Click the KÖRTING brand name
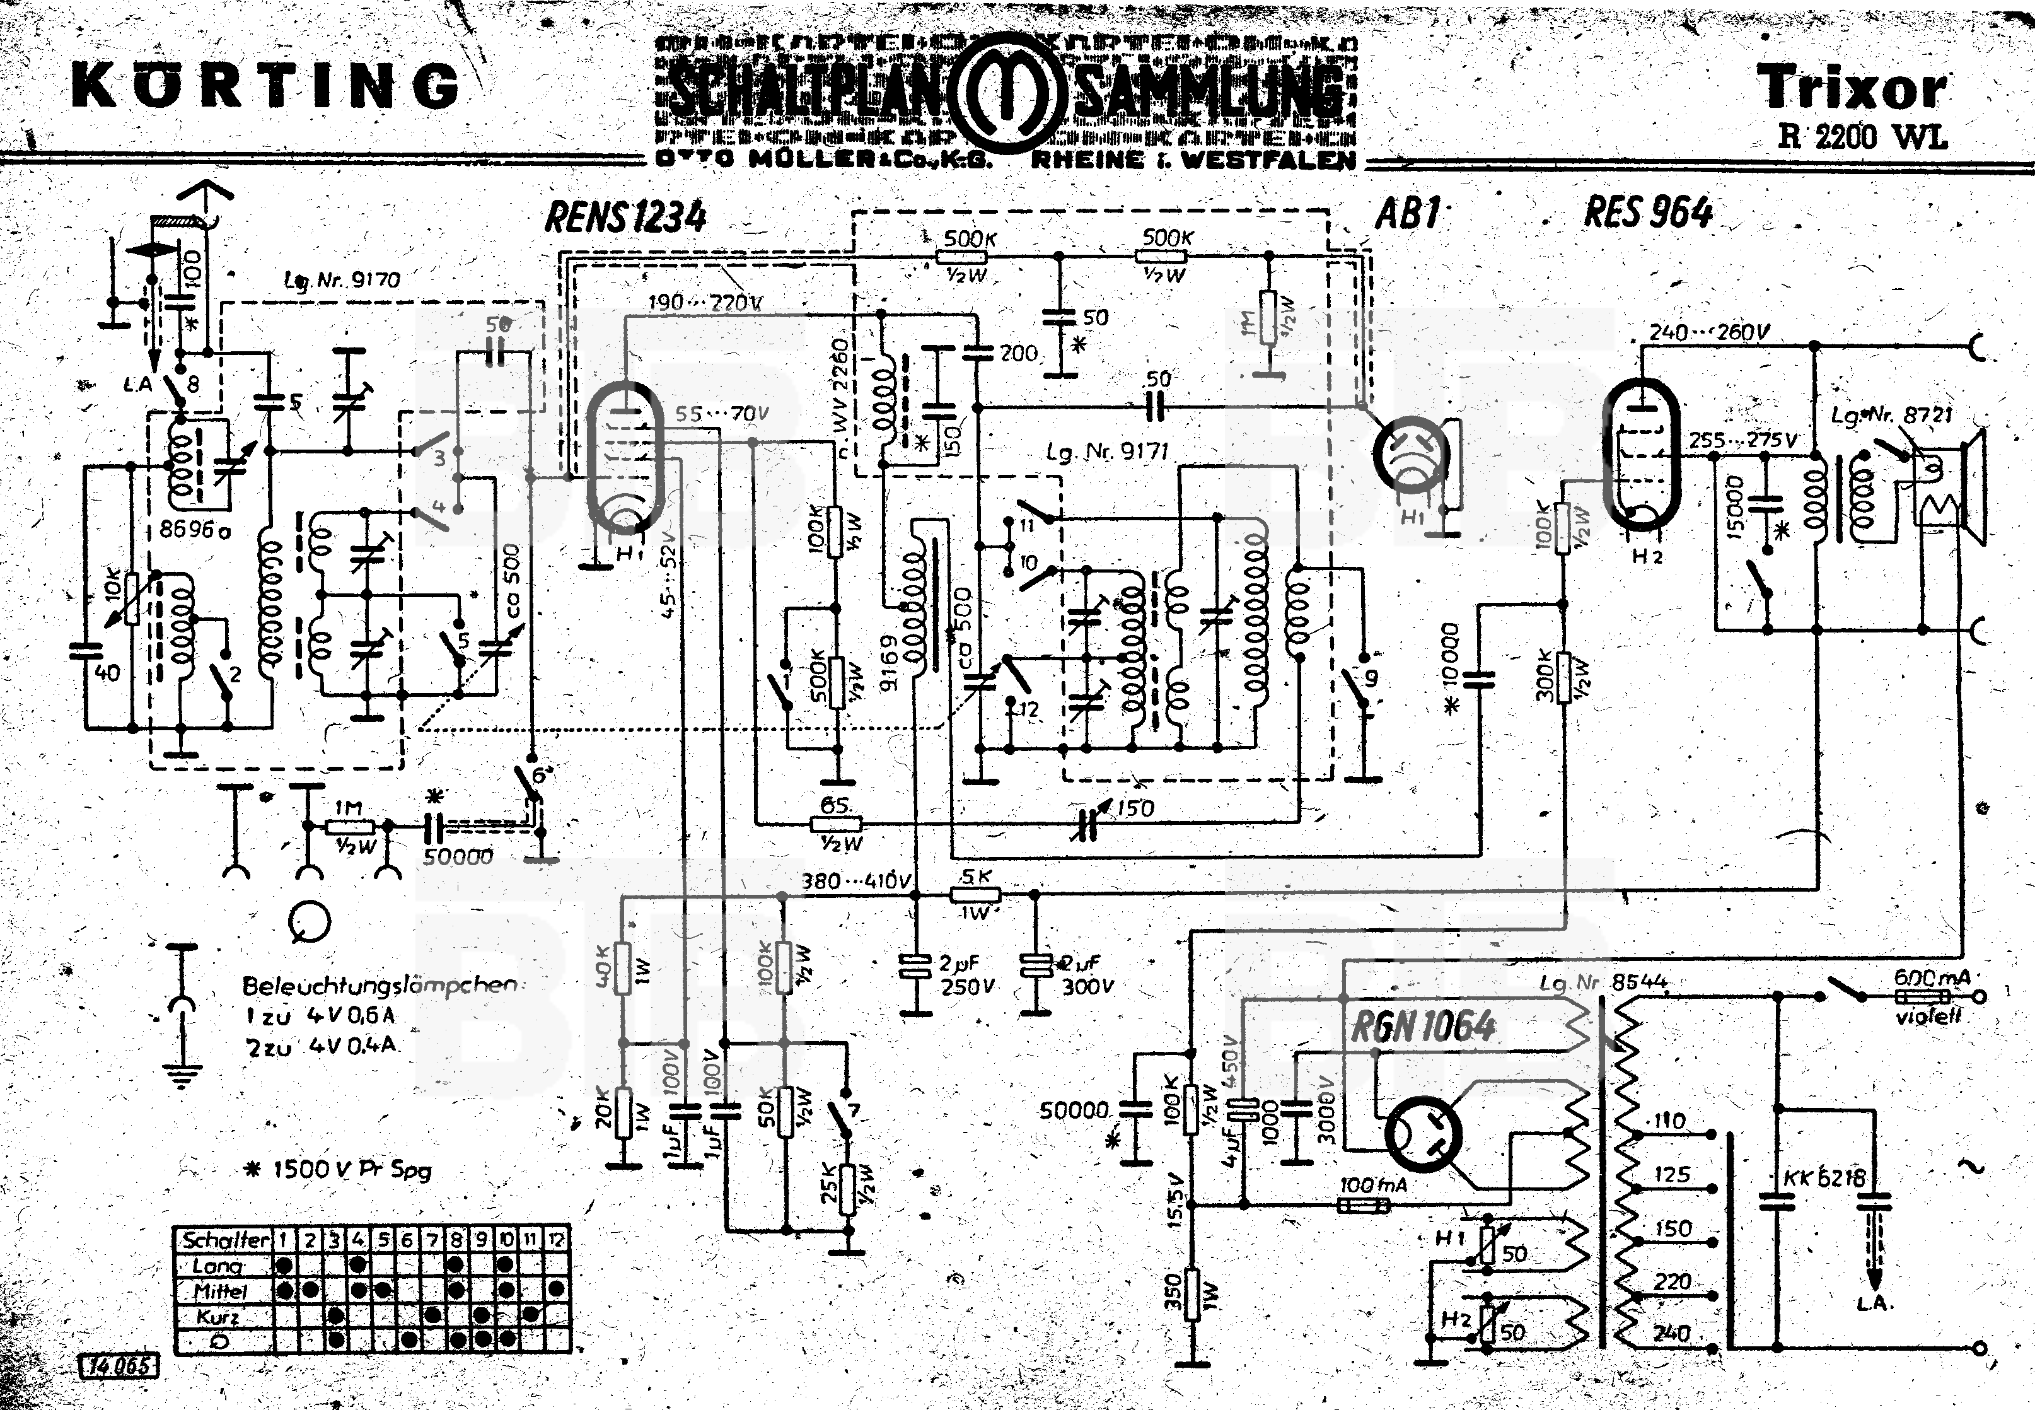[x=265, y=86]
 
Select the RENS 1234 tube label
[x=625, y=216]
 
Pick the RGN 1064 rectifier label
[x=1423, y=1027]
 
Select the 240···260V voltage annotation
[x=1709, y=333]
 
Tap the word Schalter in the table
[x=224, y=1240]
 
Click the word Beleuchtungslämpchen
[x=380, y=985]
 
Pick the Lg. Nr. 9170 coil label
[x=342, y=280]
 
